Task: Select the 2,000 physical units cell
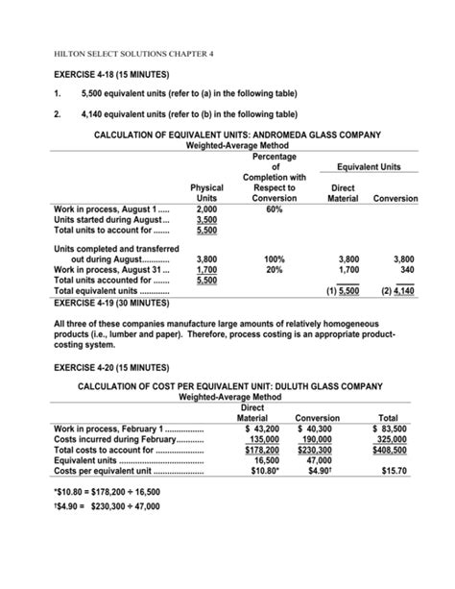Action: tap(206, 209)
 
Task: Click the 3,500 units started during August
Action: tap(206, 221)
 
